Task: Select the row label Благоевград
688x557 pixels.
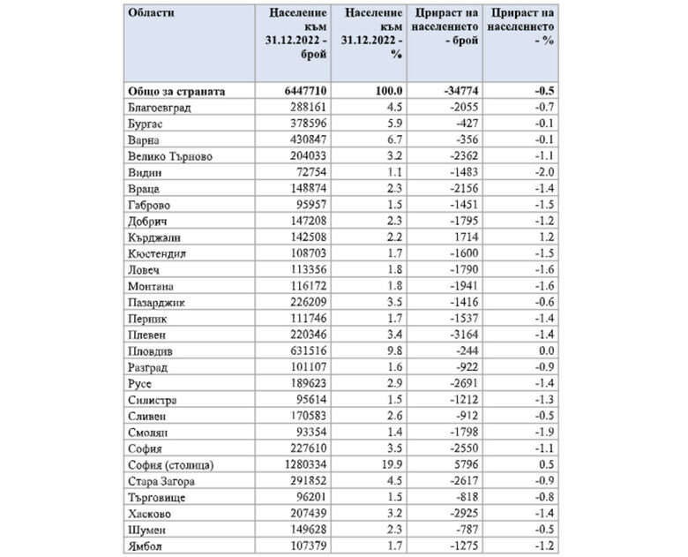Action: [x=160, y=107]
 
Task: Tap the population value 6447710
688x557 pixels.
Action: [x=303, y=90]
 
